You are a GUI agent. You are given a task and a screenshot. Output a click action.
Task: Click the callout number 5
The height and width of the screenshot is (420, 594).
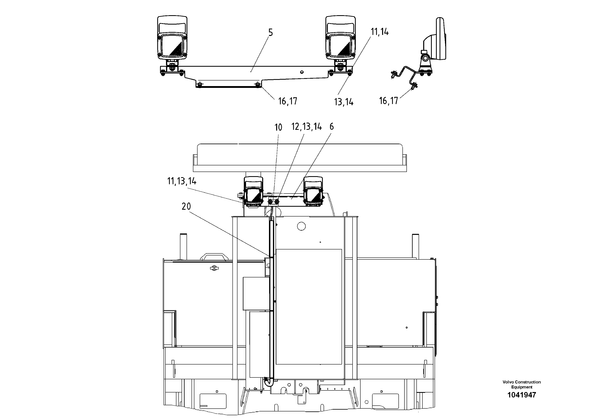[x=270, y=33]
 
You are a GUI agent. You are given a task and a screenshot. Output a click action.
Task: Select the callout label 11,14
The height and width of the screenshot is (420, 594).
[x=380, y=32]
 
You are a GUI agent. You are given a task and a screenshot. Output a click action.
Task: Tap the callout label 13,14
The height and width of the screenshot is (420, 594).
[x=344, y=102]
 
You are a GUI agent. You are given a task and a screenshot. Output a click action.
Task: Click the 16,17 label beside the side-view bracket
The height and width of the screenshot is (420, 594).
[x=388, y=101]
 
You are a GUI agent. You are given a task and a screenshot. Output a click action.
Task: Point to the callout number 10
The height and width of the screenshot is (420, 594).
[x=278, y=127]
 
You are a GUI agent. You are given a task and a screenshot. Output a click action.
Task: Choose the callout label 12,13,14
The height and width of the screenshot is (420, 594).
[x=306, y=127]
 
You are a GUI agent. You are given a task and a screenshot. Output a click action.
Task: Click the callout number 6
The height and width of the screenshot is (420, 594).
[x=331, y=127]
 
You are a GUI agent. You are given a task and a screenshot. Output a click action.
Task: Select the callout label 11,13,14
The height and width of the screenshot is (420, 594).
[x=182, y=181]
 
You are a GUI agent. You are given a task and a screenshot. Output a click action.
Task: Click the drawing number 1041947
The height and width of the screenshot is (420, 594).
[x=522, y=395]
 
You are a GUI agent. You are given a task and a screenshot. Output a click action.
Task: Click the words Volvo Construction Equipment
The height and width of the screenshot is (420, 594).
[x=522, y=384]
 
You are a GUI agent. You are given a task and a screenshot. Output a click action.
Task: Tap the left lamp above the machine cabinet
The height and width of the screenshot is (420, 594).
[x=254, y=192]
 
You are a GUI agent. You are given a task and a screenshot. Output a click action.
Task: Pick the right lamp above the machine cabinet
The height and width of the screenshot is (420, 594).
[x=313, y=192]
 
